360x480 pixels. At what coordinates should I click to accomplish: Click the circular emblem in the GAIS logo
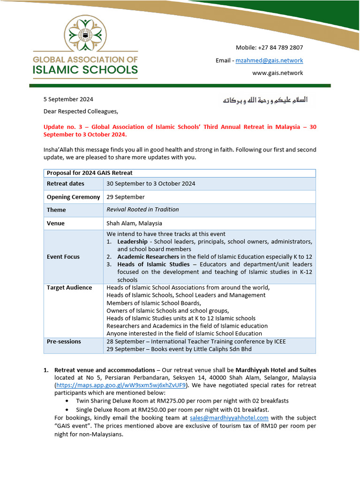85,35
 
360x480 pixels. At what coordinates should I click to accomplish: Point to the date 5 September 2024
68,99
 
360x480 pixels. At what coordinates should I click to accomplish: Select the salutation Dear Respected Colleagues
81,111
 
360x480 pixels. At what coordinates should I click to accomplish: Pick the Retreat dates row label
66,184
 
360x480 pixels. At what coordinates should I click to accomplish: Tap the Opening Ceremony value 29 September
126,197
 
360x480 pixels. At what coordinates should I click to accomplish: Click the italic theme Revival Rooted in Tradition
142,210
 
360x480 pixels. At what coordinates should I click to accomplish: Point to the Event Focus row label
63,257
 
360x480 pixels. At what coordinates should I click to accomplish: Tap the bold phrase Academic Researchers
148,257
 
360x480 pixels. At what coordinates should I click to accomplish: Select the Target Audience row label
69,287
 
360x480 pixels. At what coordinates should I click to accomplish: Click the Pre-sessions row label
64,341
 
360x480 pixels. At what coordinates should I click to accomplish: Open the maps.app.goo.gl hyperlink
121,385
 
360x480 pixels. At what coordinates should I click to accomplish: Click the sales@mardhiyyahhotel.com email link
229,418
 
